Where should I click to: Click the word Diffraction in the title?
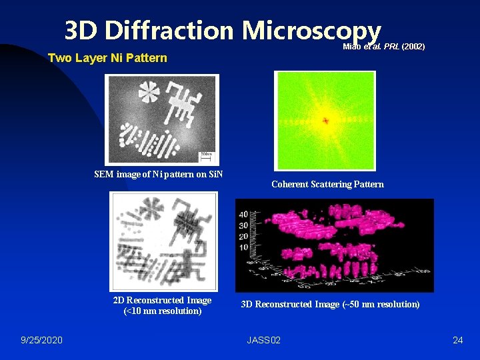click(x=169, y=30)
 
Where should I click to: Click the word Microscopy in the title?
click(x=311, y=30)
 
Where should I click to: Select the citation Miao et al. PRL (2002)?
click(x=383, y=47)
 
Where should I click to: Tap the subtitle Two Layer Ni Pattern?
click(x=107, y=58)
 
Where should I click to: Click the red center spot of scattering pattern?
click(x=326, y=121)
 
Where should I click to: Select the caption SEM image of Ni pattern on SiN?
click(x=159, y=175)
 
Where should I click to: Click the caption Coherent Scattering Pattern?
click(x=327, y=184)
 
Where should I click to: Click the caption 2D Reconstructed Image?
click(x=162, y=300)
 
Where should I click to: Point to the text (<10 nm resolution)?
click(x=162, y=311)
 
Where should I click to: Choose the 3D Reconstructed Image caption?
click(x=330, y=304)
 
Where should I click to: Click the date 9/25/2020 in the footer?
click(x=42, y=341)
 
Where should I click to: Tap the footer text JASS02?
click(x=263, y=341)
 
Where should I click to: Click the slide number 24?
click(x=457, y=341)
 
